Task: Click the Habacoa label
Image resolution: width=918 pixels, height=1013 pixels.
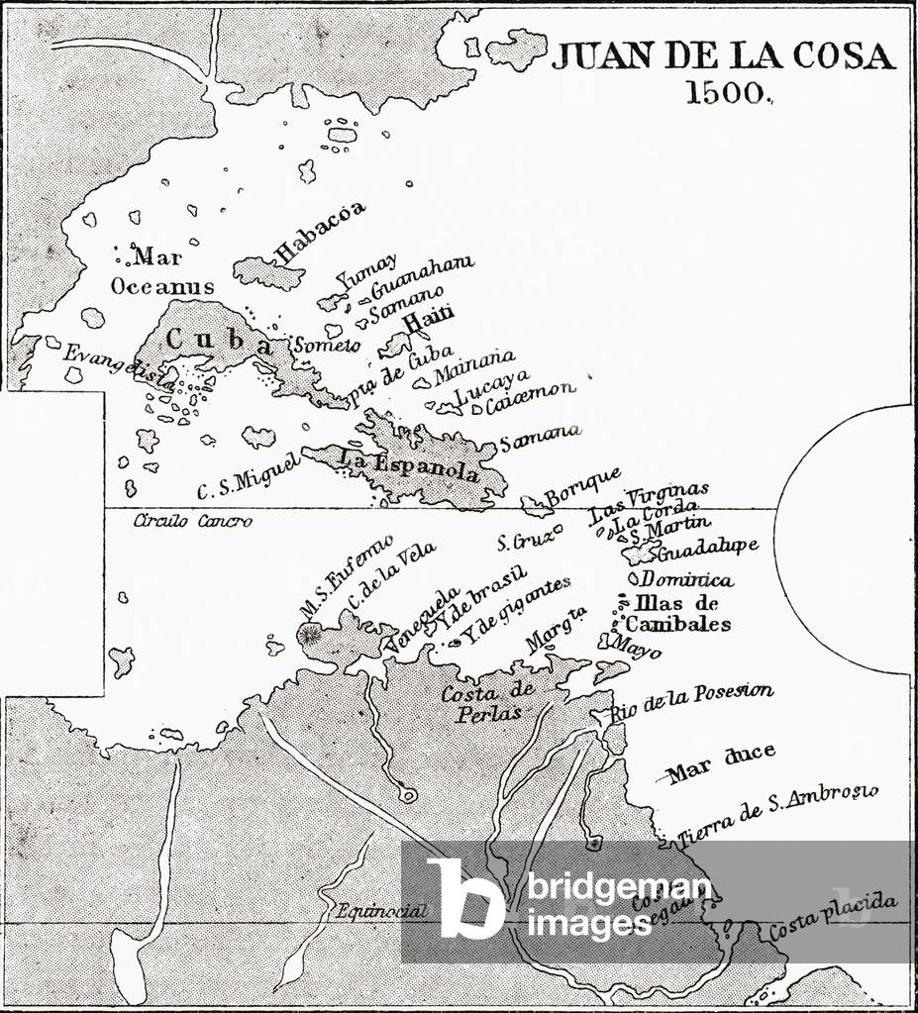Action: pyautogui.click(x=319, y=232)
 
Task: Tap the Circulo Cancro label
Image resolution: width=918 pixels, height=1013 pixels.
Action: pyautogui.click(x=193, y=521)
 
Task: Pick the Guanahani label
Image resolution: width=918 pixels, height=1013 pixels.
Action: pyautogui.click(x=421, y=275)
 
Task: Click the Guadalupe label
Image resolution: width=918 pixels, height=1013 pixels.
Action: pyautogui.click(x=708, y=547)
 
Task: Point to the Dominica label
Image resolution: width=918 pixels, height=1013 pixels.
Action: pyautogui.click(x=686, y=579)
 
